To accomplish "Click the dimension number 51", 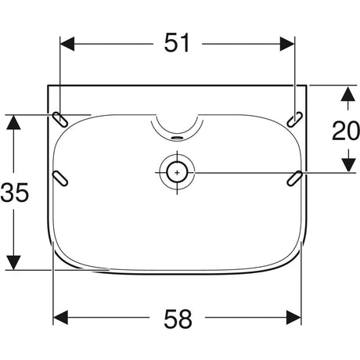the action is (177, 43).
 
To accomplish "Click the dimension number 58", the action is (178, 319).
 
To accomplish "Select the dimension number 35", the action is (14, 193).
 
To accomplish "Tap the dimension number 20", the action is (346, 131).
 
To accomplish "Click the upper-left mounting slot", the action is (60, 120).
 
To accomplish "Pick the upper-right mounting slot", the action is (295, 120).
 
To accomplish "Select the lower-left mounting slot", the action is (60, 178).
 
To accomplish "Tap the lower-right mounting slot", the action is (295, 178).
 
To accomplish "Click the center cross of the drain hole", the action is (177, 173).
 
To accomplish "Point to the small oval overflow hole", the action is (177, 138).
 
